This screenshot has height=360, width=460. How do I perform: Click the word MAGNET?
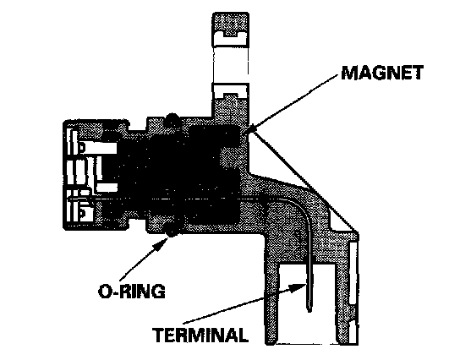tap(382, 73)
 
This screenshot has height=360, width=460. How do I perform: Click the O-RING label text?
tap(132, 291)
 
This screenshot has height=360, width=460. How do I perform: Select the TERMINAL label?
tap(200, 335)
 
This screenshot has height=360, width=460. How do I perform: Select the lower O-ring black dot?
tap(172, 229)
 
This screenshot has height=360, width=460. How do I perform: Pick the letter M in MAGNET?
tap(349, 73)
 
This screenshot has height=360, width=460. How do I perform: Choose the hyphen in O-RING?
tap(114, 292)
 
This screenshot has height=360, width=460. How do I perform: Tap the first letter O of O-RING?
tap(105, 291)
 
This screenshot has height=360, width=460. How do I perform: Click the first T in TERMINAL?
tap(159, 335)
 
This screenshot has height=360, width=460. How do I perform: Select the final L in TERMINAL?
tap(243, 335)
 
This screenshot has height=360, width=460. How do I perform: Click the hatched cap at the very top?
tap(231, 23)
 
